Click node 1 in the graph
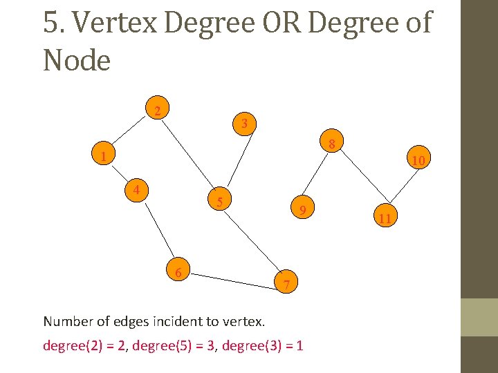click(x=102, y=156)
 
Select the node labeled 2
click(x=158, y=111)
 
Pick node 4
click(x=138, y=189)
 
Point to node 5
click(x=219, y=202)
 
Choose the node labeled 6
click(x=178, y=273)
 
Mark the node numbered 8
click(x=332, y=144)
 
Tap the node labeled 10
click(x=418, y=160)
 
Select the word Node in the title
click(x=76, y=61)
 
